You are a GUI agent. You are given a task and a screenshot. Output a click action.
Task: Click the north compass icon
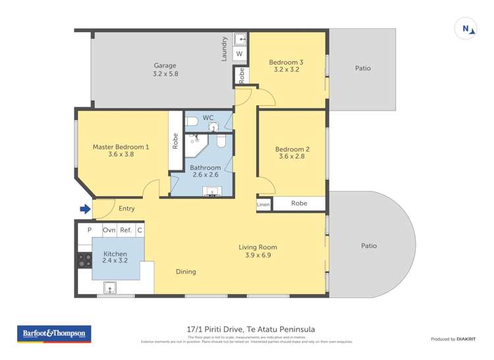(x=466, y=29)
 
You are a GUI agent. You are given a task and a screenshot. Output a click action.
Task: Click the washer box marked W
(x=239, y=53)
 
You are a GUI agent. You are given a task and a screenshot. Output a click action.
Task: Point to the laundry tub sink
(x=240, y=39)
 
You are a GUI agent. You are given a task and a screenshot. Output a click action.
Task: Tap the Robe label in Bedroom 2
(x=299, y=204)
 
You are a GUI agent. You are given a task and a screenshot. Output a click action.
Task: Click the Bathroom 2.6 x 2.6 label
(x=206, y=171)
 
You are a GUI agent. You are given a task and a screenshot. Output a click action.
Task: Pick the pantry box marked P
(x=90, y=230)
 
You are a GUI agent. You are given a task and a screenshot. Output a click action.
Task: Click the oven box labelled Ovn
(x=109, y=230)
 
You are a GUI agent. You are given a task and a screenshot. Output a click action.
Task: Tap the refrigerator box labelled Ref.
(x=126, y=230)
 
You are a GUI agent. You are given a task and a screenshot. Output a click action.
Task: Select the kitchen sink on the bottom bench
(x=109, y=287)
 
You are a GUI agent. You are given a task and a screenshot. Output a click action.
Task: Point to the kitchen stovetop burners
(x=84, y=260)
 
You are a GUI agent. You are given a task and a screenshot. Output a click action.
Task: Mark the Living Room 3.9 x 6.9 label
(x=258, y=251)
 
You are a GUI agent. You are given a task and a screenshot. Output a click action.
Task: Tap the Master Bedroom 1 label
(x=121, y=151)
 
